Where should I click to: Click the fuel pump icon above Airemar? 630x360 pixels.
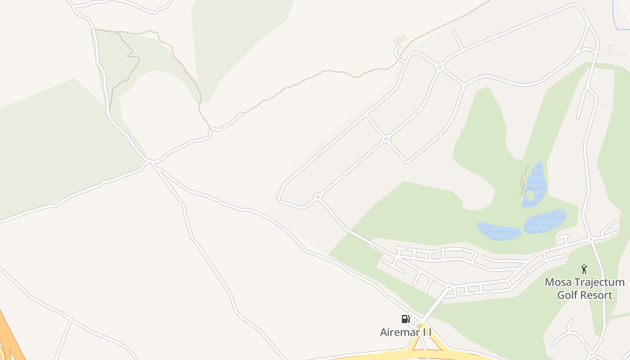tap(405, 319)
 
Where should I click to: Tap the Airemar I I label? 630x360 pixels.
tap(405, 333)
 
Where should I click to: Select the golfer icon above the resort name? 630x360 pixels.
tap(584, 269)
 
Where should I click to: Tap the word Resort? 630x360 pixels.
tap(597, 295)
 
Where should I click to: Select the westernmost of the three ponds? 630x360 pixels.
tap(499, 231)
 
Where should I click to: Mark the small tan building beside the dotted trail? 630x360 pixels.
tap(400, 39)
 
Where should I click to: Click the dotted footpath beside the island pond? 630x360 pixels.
tap(523, 180)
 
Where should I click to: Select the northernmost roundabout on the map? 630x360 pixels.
tap(440, 67)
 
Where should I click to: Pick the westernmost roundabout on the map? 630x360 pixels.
tap(318, 197)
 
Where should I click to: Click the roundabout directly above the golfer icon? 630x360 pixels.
tap(591, 239)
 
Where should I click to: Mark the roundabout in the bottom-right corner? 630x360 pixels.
tap(591, 354)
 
